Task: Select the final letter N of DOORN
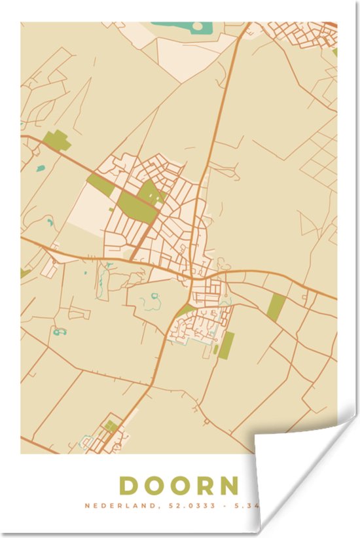tap(228, 486)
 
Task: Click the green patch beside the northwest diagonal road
tap(58, 140)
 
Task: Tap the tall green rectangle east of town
tap(277, 306)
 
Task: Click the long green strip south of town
tap(226, 346)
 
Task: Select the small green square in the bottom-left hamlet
tap(111, 426)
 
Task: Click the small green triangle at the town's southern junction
tap(185, 310)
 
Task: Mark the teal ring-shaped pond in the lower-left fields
tap(60, 332)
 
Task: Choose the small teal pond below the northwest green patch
tap(41, 168)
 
